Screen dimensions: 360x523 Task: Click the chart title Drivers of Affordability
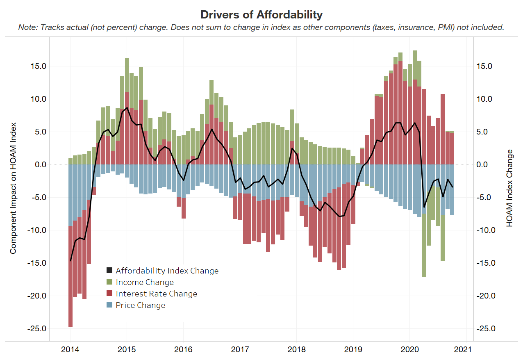261,15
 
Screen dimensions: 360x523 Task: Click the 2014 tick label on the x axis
70,351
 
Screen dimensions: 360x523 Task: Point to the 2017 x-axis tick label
240,351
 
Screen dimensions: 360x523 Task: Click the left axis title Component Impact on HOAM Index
13,188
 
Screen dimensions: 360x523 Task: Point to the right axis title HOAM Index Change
509,188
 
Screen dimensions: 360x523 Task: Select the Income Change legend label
145,283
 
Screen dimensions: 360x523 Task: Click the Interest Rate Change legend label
156,294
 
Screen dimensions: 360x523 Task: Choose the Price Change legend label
140,305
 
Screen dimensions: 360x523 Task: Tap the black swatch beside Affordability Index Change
109,271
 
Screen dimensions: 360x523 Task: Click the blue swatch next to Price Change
109,305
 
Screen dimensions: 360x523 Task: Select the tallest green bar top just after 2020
415,52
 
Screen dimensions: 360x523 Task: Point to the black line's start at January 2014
70,260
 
